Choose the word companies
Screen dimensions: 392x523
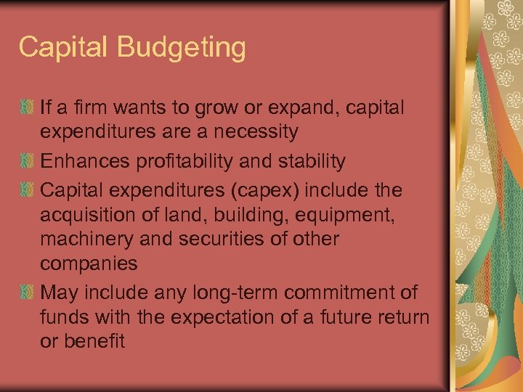[x=89, y=263]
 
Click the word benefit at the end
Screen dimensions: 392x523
[x=95, y=340]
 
